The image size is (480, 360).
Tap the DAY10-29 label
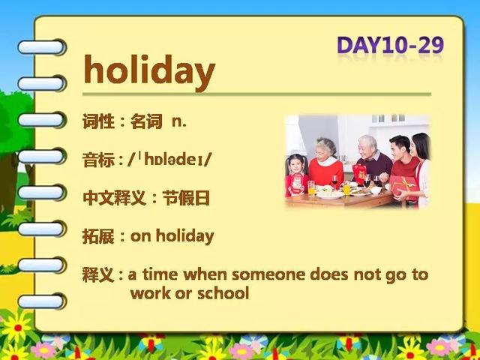pos(390,45)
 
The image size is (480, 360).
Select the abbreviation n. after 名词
pos(179,121)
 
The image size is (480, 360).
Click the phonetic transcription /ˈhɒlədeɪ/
pos(169,160)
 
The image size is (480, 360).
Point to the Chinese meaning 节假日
pos(186,198)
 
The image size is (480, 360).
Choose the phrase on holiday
pos(172,237)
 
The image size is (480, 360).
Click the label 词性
pos(98,121)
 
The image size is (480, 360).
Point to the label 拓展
pos(98,237)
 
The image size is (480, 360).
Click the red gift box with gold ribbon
pos(403,187)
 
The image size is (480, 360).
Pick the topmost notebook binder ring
pos(42,47)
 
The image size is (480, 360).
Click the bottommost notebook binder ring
pos(42,301)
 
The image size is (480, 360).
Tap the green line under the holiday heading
pos(256,94)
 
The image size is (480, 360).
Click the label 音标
pos(98,160)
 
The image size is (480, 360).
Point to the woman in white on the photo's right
pos(421,170)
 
